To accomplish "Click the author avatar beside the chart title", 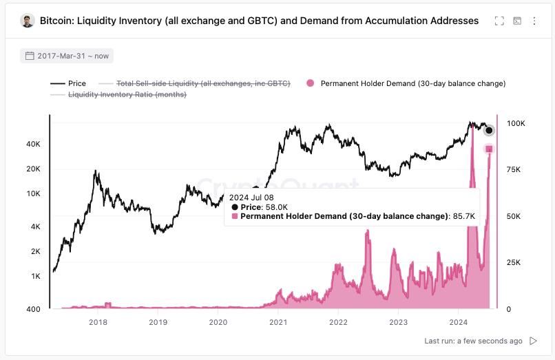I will (x=28, y=21).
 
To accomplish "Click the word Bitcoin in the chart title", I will (x=57, y=21).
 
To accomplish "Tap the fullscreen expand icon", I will (x=499, y=21).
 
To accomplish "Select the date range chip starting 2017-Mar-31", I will (x=67, y=56).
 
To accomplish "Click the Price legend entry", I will (x=69, y=83).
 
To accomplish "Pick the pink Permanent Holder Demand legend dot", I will (x=310, y=83).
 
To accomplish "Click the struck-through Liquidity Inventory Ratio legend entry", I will (x=127, y=94).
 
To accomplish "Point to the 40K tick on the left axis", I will (x=33, y=144).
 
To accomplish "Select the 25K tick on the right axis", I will (x=513, y=263).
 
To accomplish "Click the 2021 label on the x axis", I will (x=278, y=321).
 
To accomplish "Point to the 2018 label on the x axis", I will (x=98, y=321).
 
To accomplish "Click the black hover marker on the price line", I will (x=489, y=131).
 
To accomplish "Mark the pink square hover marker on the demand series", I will (x=489, y=149).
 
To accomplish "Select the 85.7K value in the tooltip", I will (x=464, y=216).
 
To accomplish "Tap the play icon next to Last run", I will (x=533, y=341).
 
